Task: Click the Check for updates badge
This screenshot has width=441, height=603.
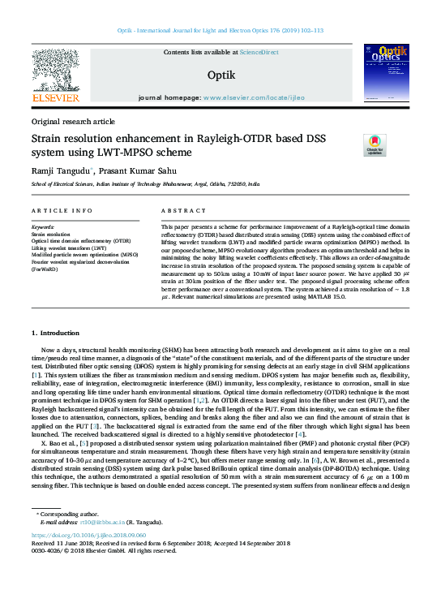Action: click(375, 145)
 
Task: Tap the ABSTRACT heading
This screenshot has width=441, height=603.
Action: click(178, 210)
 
